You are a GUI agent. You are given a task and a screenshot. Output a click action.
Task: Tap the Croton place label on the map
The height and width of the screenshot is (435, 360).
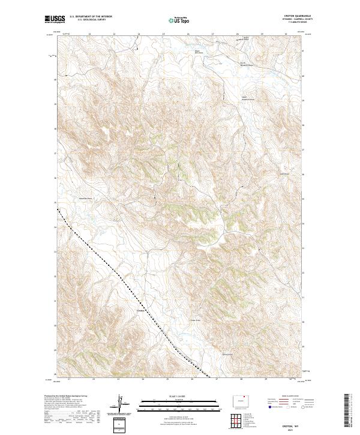click(x=140, y=310)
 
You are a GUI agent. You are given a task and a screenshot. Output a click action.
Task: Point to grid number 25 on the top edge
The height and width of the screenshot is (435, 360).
click(x=164, y=34)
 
